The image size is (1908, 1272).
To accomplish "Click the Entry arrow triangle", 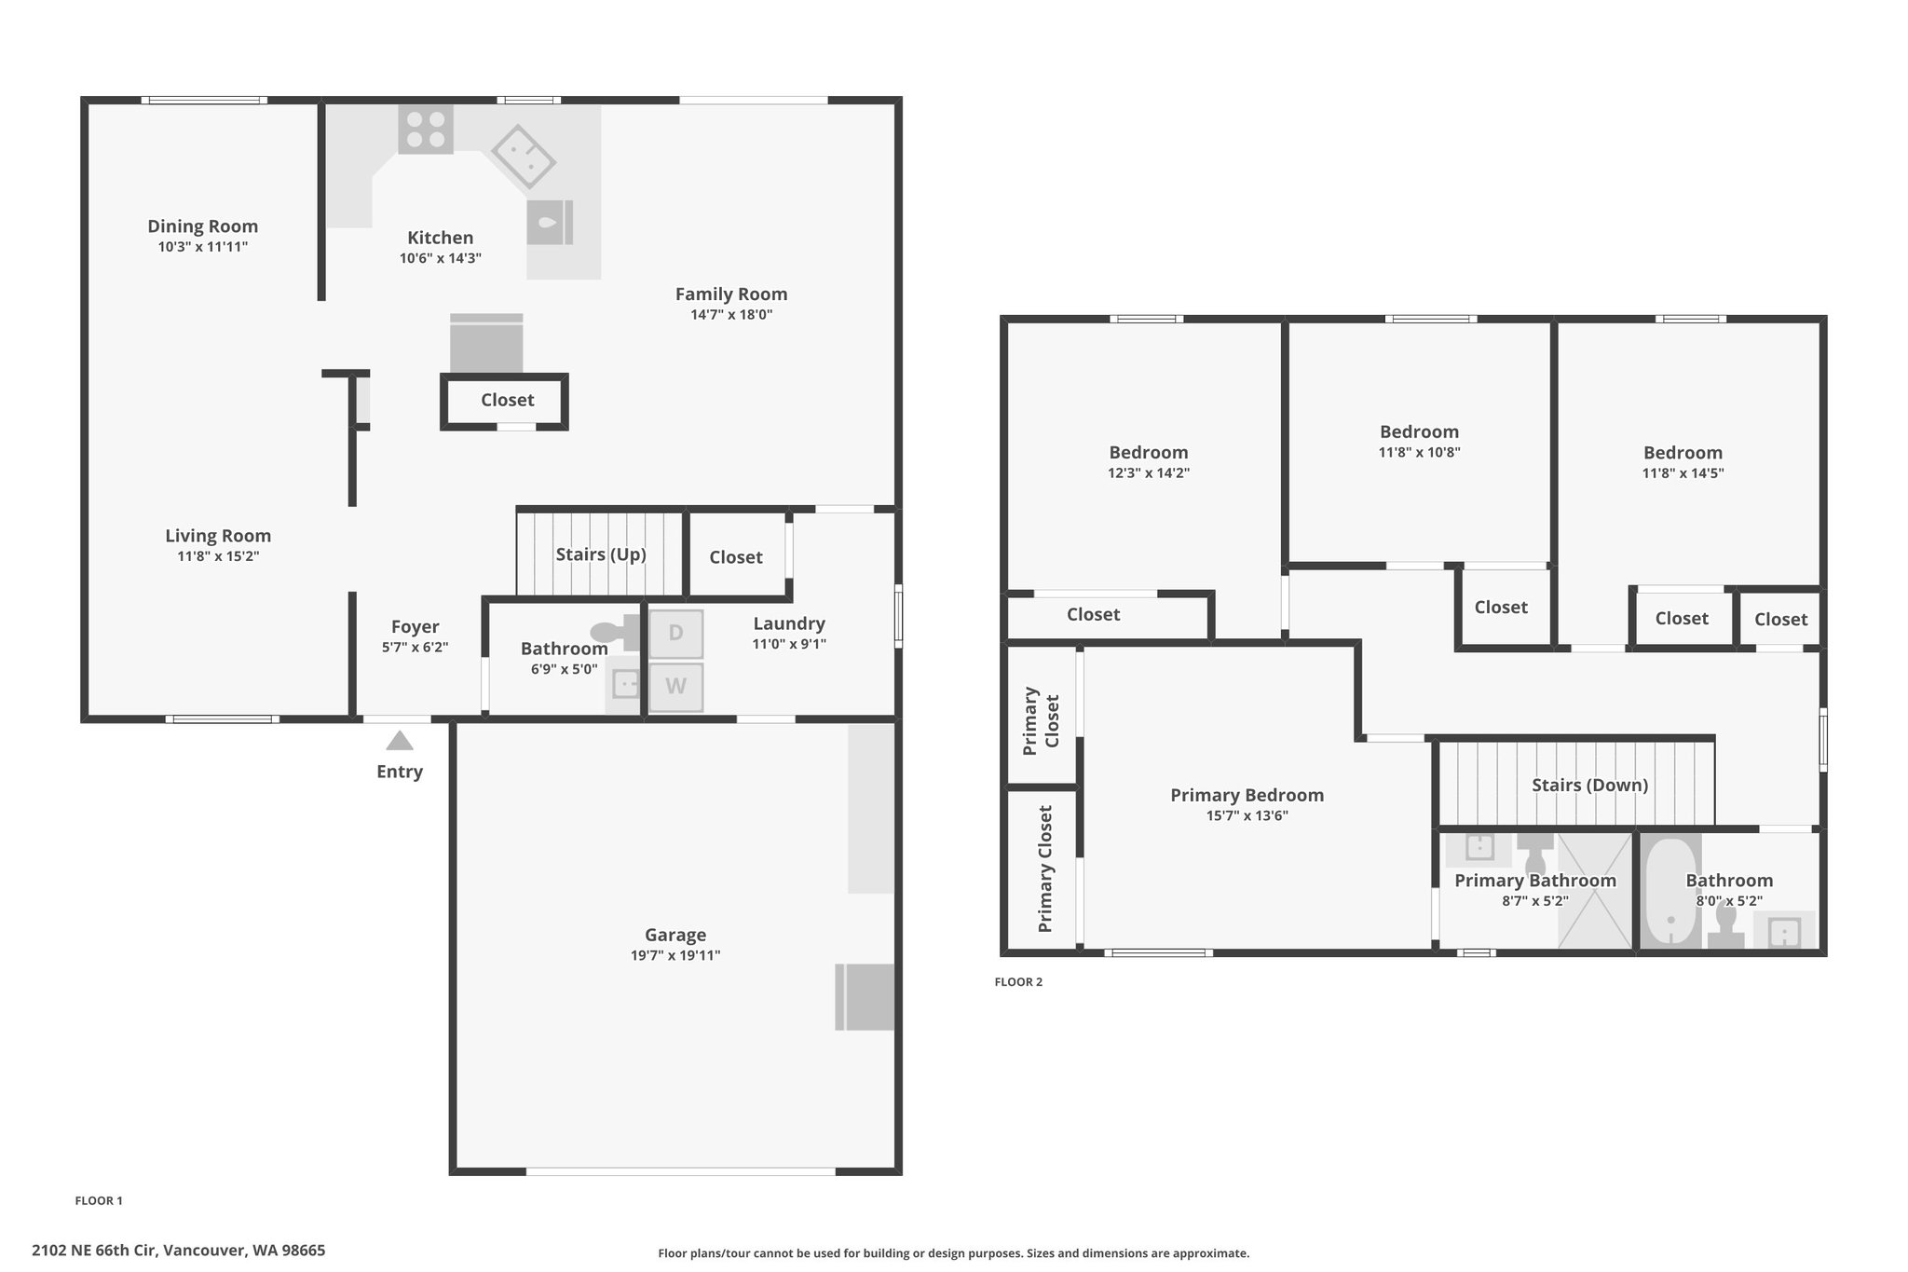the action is (400, 741).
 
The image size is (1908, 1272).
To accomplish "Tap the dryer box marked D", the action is (675, 634).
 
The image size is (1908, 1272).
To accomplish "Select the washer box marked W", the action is (675, 687).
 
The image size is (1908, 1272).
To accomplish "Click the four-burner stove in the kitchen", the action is (426, 130).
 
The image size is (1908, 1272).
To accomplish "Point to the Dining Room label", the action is (202, 226).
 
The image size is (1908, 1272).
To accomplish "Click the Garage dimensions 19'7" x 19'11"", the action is (675, 955).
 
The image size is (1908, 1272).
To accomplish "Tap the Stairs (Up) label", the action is (601, 554).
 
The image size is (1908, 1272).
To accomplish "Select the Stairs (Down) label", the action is (1590, 786).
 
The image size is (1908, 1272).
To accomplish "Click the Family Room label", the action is (731, 294).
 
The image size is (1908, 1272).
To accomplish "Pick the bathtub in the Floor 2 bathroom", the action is (1670, 894).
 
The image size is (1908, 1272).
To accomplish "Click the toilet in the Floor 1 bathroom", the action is (616, 632).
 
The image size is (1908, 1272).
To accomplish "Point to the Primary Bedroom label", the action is (1247, 796).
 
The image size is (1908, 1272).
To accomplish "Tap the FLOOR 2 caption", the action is (1018, 982).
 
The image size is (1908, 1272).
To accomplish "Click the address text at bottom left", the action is (179, 1251).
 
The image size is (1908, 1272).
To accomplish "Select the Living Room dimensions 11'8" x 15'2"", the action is (218, 556).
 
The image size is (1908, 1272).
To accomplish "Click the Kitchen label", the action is (440, 238).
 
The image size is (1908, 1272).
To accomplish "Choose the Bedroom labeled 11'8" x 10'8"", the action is (1419, 432).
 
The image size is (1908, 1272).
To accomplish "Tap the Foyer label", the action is (416, 627).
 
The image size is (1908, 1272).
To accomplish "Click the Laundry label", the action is (789, 624).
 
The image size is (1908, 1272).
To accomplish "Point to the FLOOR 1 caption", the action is (99, 1201).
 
